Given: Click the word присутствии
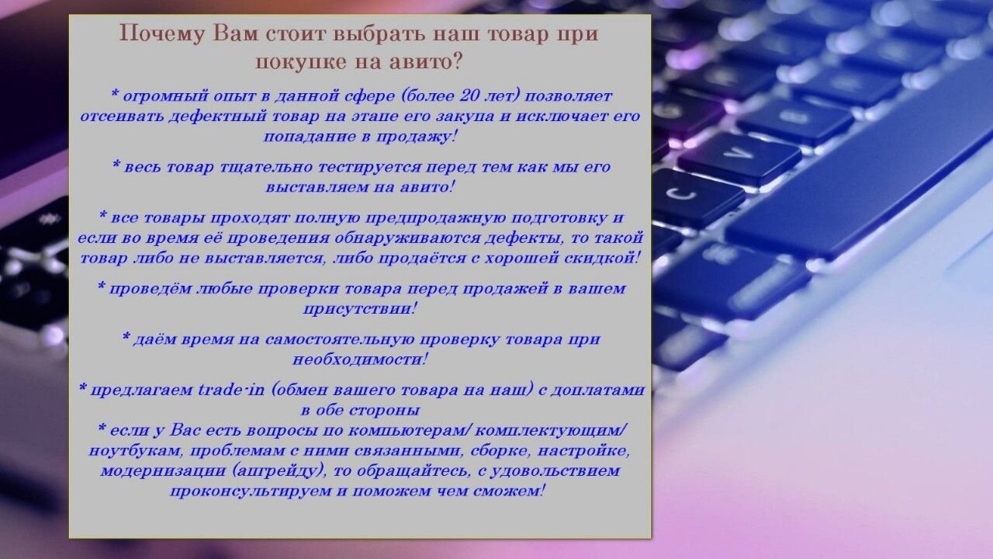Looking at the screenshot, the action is [x=359, y=309].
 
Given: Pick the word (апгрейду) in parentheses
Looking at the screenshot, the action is [x=278, y=471].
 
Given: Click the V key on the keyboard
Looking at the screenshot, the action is [x=740, y=155].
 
